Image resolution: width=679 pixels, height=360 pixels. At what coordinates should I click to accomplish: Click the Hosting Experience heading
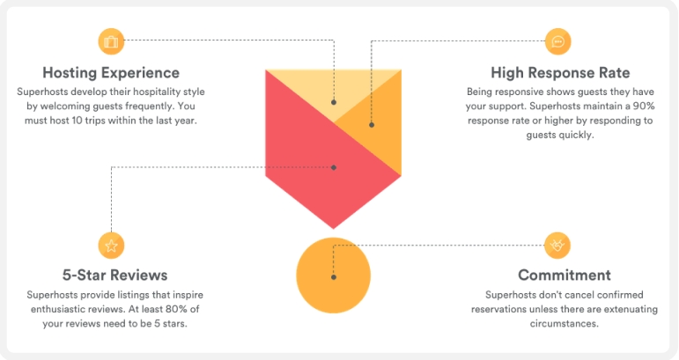click(111, 72)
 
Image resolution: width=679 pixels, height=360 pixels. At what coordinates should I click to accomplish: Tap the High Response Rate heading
click(560, 72)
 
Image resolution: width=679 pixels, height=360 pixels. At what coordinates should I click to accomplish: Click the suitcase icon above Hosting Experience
click(111, 40)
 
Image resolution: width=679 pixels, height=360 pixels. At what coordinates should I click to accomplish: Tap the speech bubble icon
click(557, 40)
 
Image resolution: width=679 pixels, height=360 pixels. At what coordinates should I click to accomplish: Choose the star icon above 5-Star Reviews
click(111, 245)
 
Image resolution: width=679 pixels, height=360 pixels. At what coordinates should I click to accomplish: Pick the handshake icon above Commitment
click(557, 245)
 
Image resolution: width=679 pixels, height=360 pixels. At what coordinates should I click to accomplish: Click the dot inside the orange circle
click(333, 277)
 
